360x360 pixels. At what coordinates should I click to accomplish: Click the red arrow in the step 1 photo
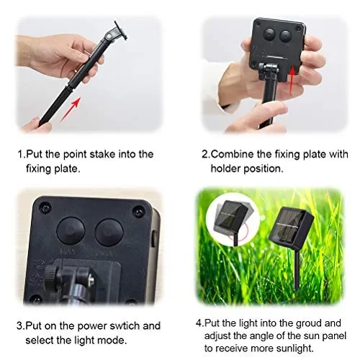click(71, 109)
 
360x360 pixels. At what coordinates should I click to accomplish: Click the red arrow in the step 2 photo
click(292, 79)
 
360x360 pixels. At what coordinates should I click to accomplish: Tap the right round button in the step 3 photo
click(109, 233)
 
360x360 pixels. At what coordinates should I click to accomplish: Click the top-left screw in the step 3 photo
click(45, 207)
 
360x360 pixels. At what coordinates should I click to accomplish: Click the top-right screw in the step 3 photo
click(139, 211)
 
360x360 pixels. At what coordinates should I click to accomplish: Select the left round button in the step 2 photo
click(269, 35)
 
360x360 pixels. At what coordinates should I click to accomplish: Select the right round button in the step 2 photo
click(285, 36)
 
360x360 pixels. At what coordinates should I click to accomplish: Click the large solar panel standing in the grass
click(291, 225)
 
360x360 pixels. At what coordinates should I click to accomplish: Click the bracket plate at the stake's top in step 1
click(120, 30)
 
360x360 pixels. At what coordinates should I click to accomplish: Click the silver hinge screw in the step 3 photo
click(91, 279)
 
